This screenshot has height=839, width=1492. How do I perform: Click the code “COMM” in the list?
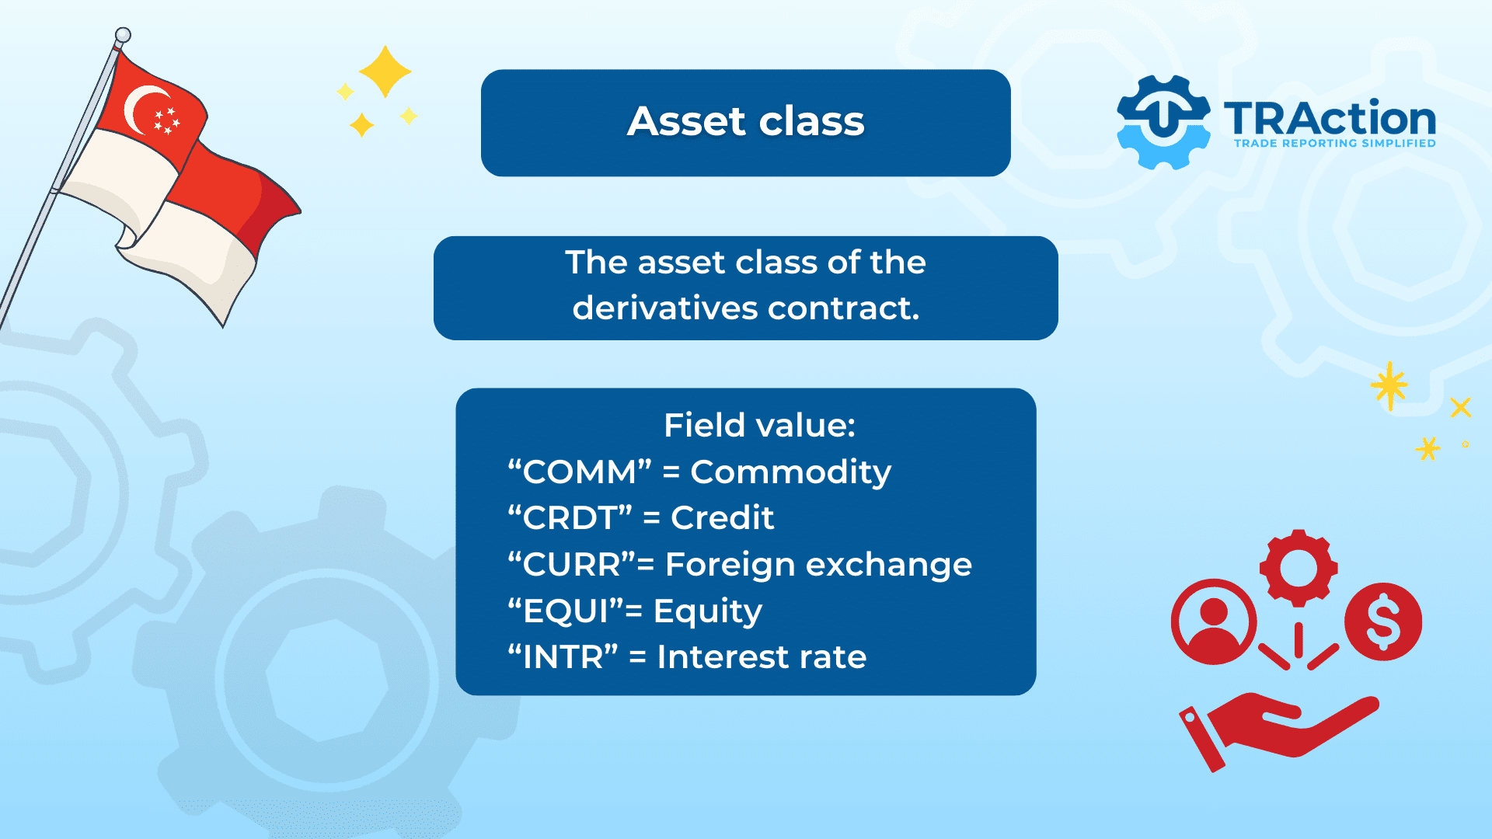(x=579, y=472)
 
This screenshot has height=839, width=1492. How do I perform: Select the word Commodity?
(x=790, y=472)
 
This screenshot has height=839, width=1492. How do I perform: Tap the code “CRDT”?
(x=570, y=518)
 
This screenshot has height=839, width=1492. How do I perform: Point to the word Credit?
(x=722, y=518)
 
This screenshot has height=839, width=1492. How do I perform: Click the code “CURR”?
(x=572, y=565)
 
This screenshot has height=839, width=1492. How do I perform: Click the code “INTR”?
(x=563, y=657)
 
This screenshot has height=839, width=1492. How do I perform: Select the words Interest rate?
(x=762, y=657)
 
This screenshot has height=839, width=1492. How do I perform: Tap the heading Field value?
(x=759, y=425)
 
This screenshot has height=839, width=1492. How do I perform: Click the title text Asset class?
(x=745, y=122)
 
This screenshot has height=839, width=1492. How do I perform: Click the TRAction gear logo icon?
(x=1163, y=123)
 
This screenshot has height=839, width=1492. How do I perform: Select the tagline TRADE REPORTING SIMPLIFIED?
(x=1334, y=144)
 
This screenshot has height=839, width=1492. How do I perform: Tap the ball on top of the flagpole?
(x=123, y=35)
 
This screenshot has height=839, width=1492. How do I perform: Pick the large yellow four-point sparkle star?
(x=385, y=71)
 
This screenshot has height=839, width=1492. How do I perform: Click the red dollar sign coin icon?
(x=1383, y=621)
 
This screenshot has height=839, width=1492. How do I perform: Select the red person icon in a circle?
(x=1213, y=621)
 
